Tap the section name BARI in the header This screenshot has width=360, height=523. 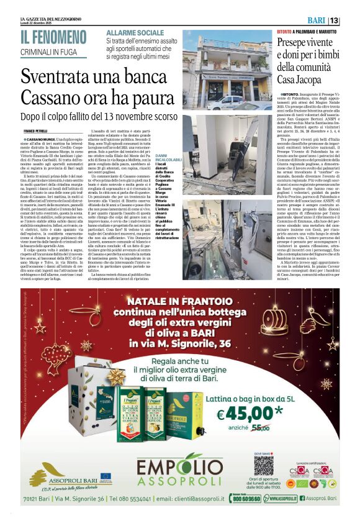[330, 20]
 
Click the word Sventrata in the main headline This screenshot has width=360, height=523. [63, 77]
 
